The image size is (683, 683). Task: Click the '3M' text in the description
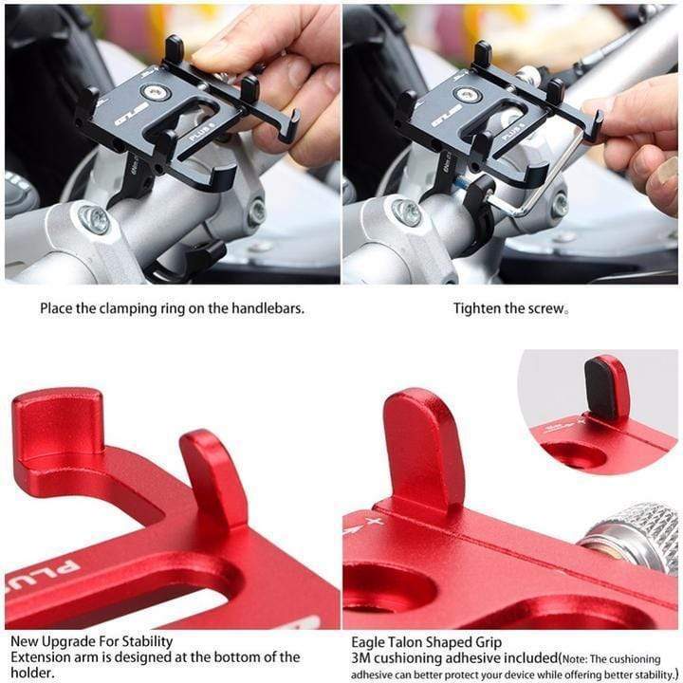tap(361, 658)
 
